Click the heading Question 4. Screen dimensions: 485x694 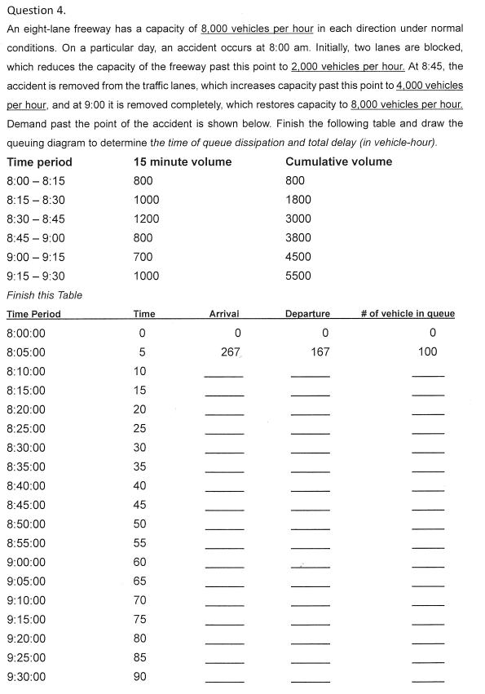tap(36, 11)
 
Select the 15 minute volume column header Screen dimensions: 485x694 tap(182, 161)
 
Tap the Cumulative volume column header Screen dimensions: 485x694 tap(338, 161)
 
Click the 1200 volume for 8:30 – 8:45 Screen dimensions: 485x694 tap(146, 219)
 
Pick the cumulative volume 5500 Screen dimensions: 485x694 tap(298, 276)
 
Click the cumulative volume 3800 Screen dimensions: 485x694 tap(298, 238)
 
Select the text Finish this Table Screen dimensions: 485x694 tap(44, 295)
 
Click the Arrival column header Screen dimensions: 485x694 tap(224, 314)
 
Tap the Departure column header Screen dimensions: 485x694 tap(307, 314)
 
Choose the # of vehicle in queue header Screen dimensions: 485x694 tap(408, 314)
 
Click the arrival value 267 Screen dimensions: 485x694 tap(230, 351)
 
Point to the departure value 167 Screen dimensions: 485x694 tap(320, 351)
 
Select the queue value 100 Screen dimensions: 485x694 tap(426, 351)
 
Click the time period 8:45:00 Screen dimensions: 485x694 tap(26, 505)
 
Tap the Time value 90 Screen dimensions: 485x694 tap(139, 677)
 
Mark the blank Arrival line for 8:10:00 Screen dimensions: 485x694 tap(224, 375)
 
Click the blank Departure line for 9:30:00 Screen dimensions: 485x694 tap(310, 681)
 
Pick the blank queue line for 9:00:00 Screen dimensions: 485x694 tap(428, 566)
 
